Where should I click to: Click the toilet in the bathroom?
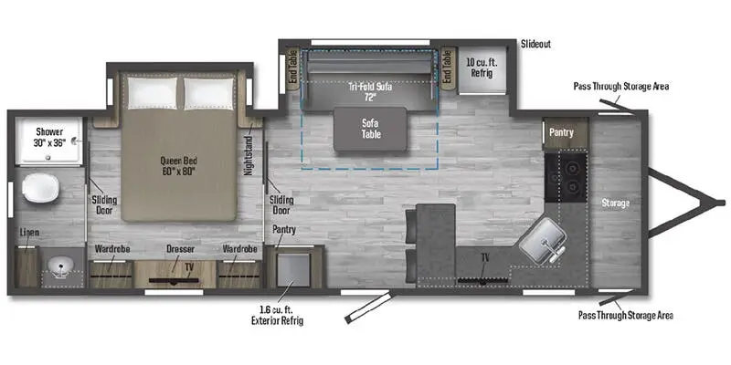click(x=41, y=189)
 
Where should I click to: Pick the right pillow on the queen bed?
click(x=208, y=93)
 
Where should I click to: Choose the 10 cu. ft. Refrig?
click(x=481, y=68)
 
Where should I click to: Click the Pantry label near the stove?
click(x=561, y=133)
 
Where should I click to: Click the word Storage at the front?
click(x=615, y=203)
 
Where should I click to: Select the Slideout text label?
click(x=536, y=43)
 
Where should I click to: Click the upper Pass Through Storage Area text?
click(x=621, y=86)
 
